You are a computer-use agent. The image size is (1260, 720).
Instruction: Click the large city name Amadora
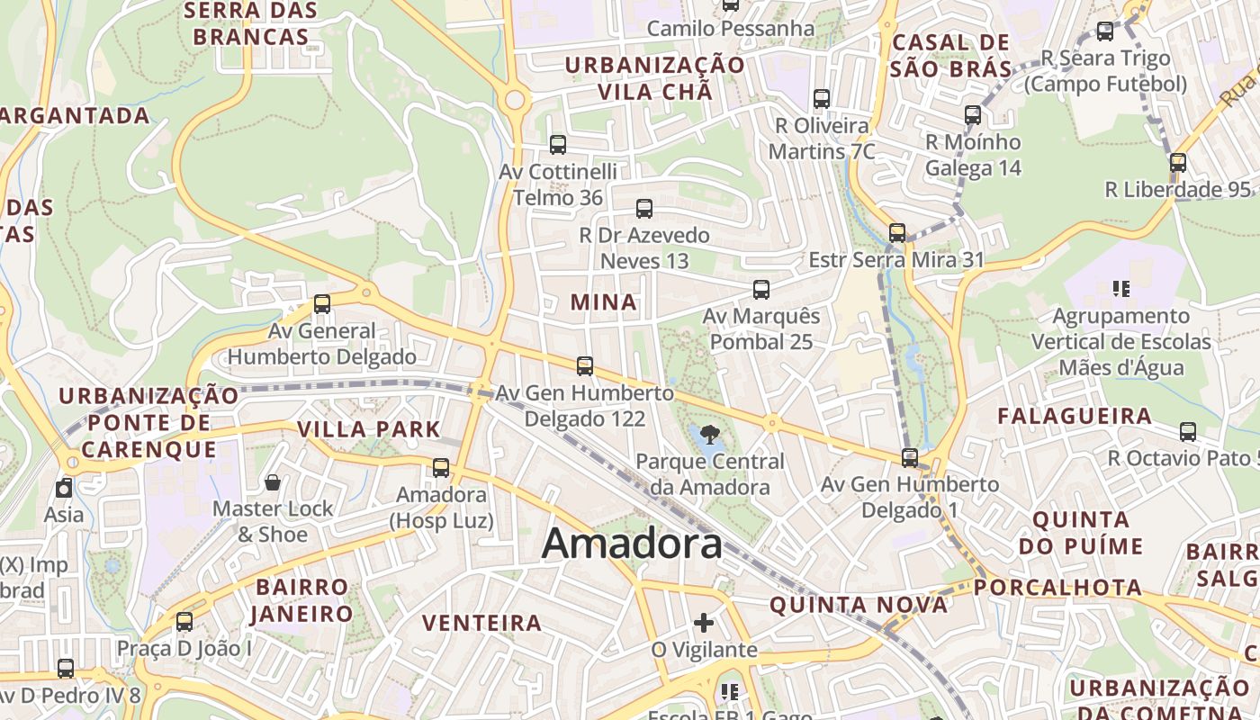[x=632, y=544]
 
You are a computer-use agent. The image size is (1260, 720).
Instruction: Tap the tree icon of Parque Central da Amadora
[x=709, y=435]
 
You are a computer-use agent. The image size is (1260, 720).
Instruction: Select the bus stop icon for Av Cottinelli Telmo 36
[x=558, y=144]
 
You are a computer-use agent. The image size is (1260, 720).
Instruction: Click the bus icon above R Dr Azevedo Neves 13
[x=644, y=209]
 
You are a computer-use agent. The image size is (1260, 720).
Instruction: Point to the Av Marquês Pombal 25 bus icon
[x=761, y=289]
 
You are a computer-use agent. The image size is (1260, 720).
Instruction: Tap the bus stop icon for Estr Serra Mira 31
[x=897, y=233]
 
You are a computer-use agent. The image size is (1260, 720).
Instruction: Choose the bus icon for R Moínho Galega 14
[x=973, y=115]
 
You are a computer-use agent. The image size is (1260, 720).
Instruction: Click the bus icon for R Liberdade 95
[x=1178, y=163]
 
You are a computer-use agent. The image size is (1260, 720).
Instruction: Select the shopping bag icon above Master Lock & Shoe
[x=273, y=482]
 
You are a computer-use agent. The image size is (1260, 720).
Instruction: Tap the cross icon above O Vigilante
[x=704, y=623]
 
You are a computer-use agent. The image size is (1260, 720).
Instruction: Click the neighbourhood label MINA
[x=604, y=302]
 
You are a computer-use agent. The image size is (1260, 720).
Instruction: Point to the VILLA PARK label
[x=369, y=429]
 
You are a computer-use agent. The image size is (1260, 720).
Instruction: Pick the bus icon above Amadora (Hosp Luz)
[x=441, y=468]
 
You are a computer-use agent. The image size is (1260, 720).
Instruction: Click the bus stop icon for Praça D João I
[x=184, y=621]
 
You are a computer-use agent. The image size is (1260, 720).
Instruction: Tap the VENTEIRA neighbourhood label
[x=482, y=623]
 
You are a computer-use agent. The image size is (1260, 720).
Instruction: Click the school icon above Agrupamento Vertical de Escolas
[x=1121, y=289]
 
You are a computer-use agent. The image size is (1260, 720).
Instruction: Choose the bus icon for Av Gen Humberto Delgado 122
[x=585, y=365]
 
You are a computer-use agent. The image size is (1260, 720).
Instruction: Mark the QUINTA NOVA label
[x=859, y=605]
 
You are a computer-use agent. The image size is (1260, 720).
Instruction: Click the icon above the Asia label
[x=64, y=489]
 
